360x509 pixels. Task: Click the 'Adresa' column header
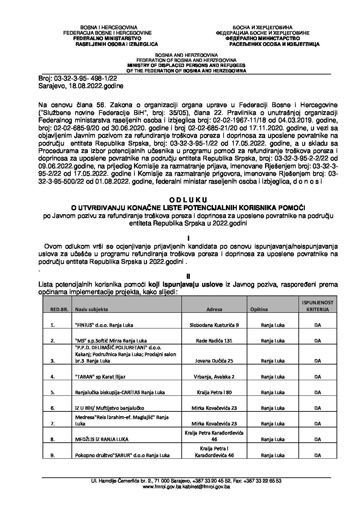(x=214, y=309)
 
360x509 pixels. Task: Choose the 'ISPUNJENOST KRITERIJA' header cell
(x=317, y=306)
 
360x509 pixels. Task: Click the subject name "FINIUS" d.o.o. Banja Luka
(x=104, y=325)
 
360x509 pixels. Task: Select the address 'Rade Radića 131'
(x=214, y=340)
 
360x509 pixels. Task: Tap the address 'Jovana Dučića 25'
(x=214, y=360)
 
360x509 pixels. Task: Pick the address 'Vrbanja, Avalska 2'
(x=214, y=377)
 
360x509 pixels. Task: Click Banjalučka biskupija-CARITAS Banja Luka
(x=120, y=392)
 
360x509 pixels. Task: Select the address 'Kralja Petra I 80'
(x=214, y=392)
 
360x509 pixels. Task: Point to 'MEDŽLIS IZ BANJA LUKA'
(x=102, y=439)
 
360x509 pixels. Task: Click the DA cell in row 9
(x=317, y=455)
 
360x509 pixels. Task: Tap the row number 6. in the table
(x=53, y=408)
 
